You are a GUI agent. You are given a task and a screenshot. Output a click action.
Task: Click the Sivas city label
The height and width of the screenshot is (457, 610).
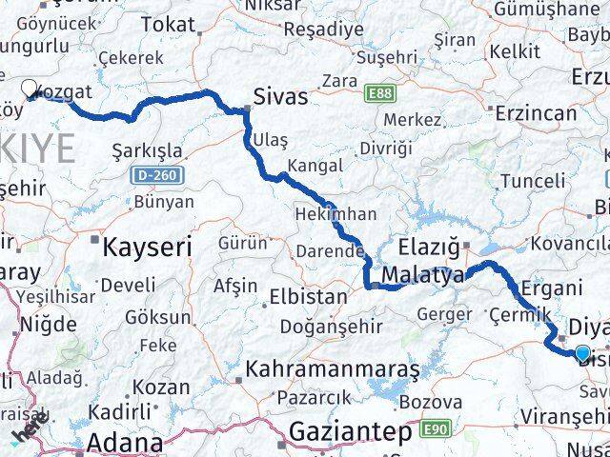point(281,96)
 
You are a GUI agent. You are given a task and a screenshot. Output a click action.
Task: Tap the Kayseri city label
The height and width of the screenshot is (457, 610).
point(147,246)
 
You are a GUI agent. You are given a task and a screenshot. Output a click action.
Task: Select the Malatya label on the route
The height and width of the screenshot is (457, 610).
point(422,275)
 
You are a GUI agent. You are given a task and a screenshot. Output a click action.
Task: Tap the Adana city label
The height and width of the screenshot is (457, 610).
point(124,443)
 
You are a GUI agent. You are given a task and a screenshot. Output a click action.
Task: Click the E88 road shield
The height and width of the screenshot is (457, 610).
point(379,91)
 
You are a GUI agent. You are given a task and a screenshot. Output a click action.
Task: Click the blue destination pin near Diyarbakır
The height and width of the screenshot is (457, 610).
point(582,352)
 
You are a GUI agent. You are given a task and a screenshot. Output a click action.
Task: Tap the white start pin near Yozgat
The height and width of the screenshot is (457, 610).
point(30,89)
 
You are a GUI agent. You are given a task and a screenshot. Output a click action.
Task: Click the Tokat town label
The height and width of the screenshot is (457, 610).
point(167,24)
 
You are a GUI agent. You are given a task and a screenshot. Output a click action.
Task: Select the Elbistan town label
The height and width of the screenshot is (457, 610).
point(308,296)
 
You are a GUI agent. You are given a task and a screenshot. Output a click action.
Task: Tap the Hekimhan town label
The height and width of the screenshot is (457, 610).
point(335,214)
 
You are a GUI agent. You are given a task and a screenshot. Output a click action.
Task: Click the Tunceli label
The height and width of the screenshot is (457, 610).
point(533,180)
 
